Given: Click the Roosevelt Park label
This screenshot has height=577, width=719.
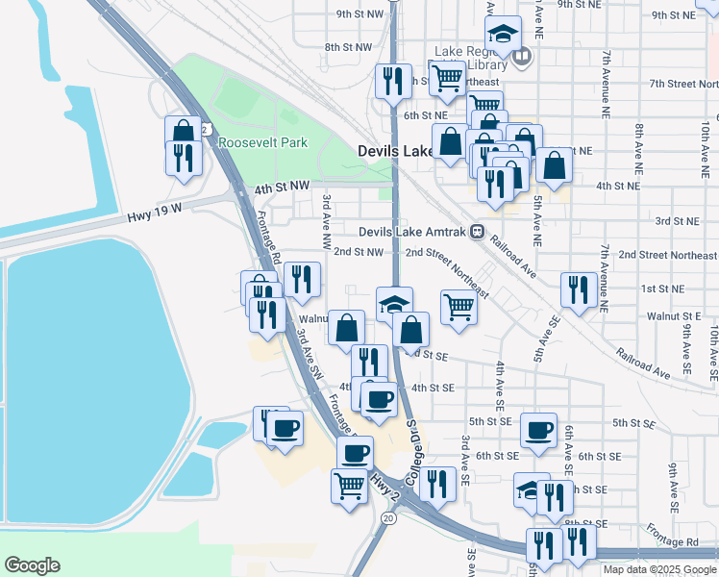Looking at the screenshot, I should pyautogui.click(x=261, y=142).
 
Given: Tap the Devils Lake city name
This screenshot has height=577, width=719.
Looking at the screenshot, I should pyautogui.click(x=396, y=152).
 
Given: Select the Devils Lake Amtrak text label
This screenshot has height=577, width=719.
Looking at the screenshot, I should pyautogui.click(x=412, y=232).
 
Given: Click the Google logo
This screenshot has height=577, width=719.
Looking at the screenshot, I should pyautogui.click(x=32, y=565).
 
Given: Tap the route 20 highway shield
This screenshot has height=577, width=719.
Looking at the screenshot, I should pyautogui.click(x=387, y=518).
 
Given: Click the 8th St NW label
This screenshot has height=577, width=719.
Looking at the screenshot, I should pyautogui.click(x=348, y=46).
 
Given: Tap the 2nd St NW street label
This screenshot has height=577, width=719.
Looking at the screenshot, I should pyautogui.click(x=359, y=252).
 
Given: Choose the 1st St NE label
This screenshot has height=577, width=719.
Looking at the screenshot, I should pyautogui.click(x=662, y=288).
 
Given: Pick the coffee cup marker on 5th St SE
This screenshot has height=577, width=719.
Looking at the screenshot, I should pyautogui.click(x=538, y=429).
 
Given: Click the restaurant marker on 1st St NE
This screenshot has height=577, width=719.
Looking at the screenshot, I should pyautogui.click(x=577, y=289).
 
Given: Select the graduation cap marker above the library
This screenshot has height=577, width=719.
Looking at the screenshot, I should pyautogui.click(x=503, y=34).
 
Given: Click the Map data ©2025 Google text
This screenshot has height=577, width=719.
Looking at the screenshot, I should pyautogui.click(x=658, y=569).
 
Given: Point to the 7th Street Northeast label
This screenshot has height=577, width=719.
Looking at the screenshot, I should pyautogui.click(x=682, y=84).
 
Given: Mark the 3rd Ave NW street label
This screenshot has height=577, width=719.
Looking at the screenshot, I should pyautogui.click(x=327, y=213).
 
